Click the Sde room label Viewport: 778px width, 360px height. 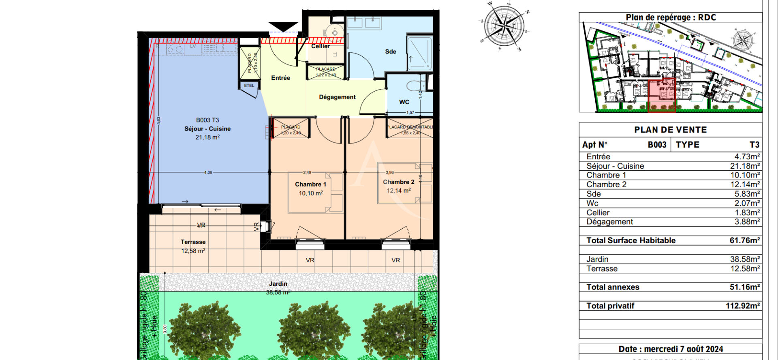390,51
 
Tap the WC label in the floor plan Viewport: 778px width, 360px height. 404,102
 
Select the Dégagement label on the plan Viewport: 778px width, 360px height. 337,97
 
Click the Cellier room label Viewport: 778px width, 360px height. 320,46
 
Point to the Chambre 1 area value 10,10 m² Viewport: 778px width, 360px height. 311,193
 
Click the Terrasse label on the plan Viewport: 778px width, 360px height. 193,242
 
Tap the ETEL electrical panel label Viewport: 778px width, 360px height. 249,86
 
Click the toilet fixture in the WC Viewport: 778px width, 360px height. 415,86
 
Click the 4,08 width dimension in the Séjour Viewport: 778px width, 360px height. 208,172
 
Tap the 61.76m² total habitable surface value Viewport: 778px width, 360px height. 744,240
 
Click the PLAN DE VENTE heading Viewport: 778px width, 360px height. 670,130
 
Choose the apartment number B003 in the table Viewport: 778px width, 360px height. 657,145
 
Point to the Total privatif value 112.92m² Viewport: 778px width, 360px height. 742,306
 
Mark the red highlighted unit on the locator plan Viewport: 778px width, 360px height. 661,96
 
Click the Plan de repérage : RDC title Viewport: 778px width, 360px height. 671,17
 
